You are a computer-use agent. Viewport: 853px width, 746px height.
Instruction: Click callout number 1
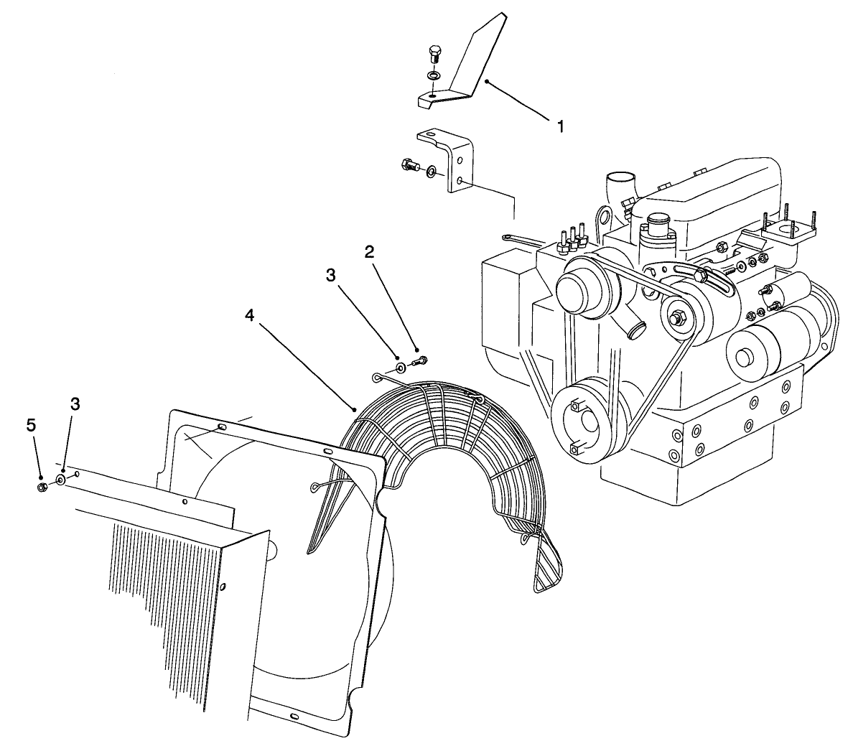click(x=560, y=126)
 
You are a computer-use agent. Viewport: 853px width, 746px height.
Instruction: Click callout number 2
click(x=369, y=252)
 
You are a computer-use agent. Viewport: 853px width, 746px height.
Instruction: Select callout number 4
click(x=248, y=315)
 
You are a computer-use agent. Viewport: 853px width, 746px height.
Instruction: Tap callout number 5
click(x=31, y=425)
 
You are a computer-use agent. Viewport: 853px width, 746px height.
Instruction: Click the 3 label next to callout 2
click(x=330, y=275)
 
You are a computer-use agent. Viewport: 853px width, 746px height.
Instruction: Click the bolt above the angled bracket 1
click(x=434, y=55)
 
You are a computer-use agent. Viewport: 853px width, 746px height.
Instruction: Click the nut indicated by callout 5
click(x=42, y=488)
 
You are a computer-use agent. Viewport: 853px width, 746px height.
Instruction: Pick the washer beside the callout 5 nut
click(x=60, y=479)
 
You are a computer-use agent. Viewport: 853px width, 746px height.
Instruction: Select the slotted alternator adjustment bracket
click(x=689, y=276)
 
